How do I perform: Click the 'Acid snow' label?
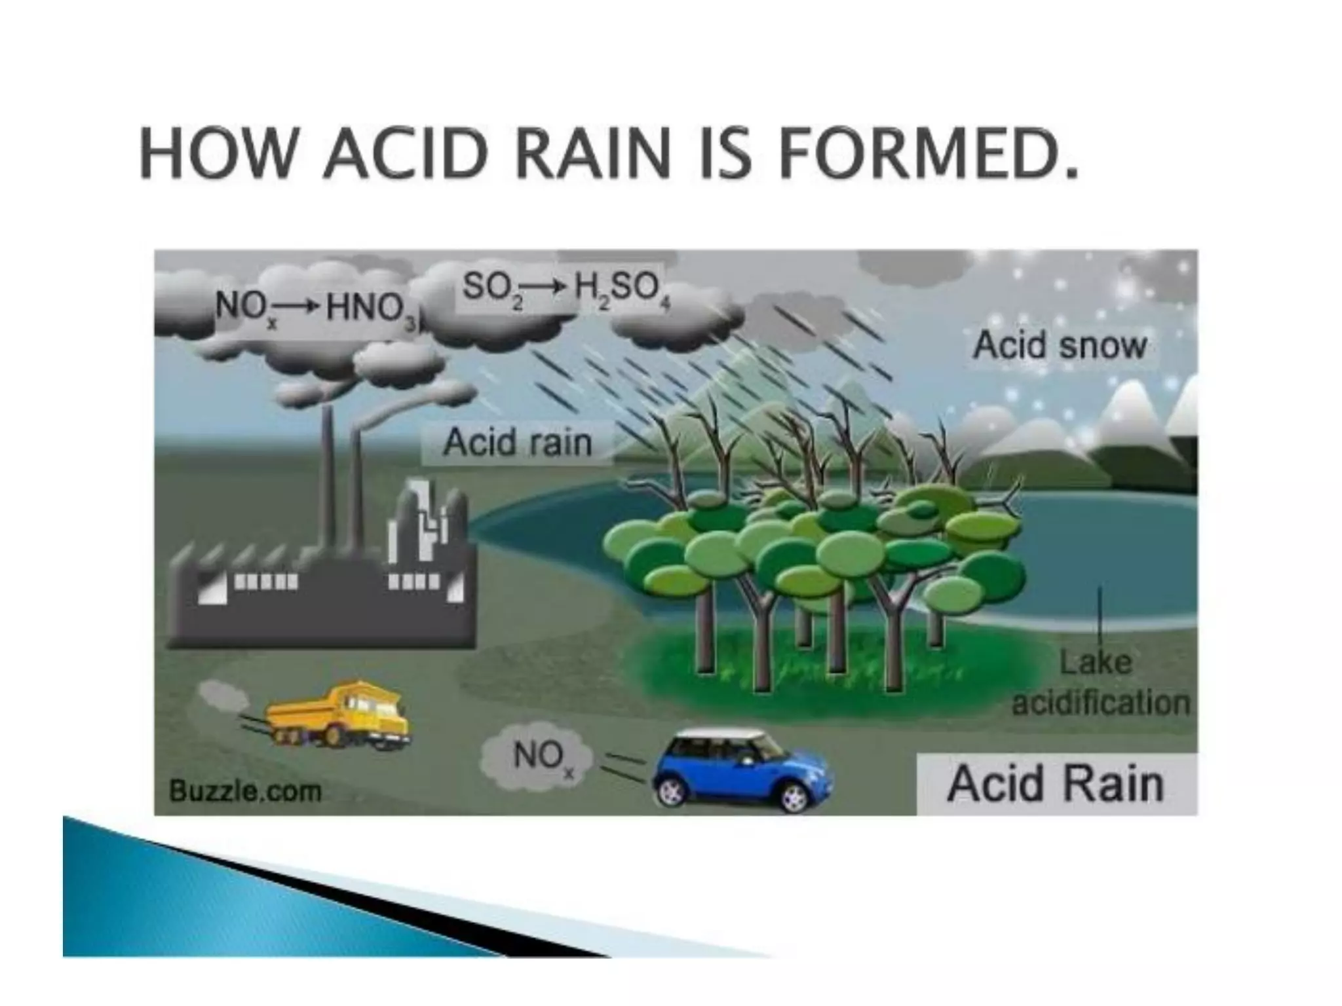(1060, 346)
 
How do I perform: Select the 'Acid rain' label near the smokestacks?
(517, 443)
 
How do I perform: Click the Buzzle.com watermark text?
(245, 791)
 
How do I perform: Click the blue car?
(740, 769)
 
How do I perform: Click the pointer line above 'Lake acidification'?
(1100, 619)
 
